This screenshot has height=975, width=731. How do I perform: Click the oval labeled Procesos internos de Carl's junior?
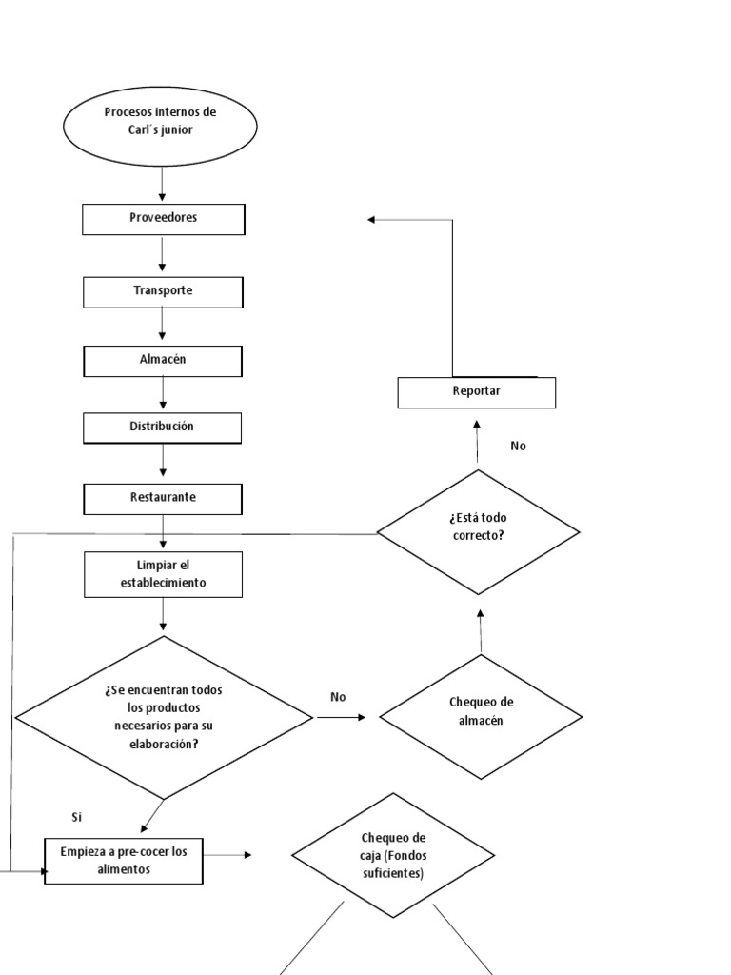160,121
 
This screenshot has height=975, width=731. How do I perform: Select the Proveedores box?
163,219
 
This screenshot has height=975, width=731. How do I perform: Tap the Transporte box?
163,291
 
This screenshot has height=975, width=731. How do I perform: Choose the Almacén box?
163,361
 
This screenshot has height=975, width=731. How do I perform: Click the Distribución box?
163,428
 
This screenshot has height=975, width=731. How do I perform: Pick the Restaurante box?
163,498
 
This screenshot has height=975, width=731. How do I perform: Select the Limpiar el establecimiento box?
163,574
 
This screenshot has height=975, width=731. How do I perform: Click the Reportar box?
476,392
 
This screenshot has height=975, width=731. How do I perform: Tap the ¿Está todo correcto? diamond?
478,531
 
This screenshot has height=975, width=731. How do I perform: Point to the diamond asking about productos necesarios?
164,717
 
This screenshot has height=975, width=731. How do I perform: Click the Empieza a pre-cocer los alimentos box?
125,861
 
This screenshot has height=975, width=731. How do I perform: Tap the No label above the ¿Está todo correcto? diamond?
518,446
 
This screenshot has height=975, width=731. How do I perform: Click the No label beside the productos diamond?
338,697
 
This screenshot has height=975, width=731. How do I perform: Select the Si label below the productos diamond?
77,817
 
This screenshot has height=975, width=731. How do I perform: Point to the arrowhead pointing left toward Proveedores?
372,220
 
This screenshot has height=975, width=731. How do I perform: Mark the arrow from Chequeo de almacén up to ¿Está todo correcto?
480,630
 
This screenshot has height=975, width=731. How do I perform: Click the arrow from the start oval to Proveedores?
163,185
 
